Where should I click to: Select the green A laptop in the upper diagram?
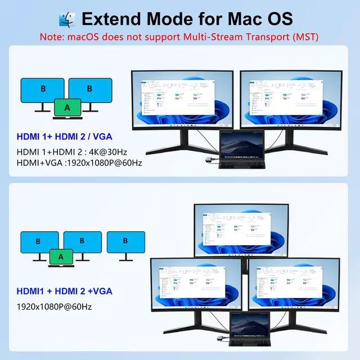tap(67, 107)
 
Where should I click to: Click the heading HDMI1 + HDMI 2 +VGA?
tap(64, 291)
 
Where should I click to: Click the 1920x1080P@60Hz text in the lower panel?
tap(54, 307)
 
